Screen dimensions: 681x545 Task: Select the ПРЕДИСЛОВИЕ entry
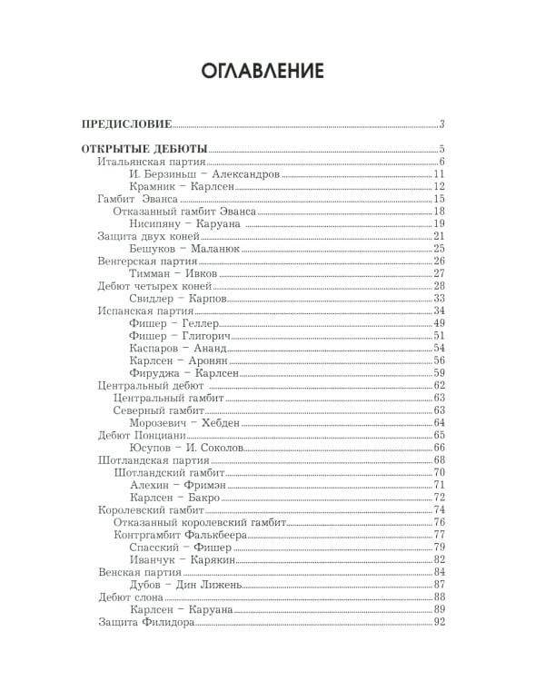pyautogui.click(x=126, y=124)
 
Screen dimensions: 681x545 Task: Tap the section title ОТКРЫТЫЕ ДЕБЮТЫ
pyautogui.click(x=144, y=149)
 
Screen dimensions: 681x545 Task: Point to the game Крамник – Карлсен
pyautogui.click(x=182, y=186)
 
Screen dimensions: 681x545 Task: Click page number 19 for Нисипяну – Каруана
pyautogui.click(x=439, y=223)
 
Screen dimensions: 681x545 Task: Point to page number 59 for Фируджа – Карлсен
pyautogui.click(x=439, y=372)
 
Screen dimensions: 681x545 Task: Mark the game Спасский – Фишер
pyautogui.click(x=178, y=547)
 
